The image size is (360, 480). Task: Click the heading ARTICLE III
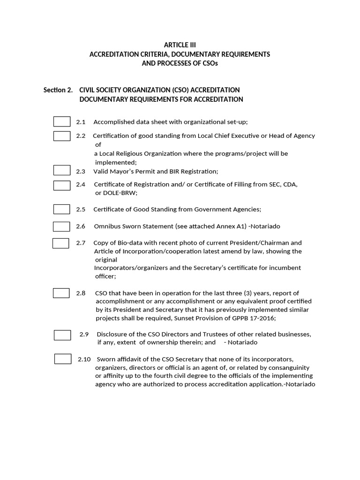tap(180, 45)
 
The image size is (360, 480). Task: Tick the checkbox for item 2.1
tap(62, 122)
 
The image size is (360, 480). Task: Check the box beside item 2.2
tap(62, 136)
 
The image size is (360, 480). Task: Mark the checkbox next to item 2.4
tap(62, 185)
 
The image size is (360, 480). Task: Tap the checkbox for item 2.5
tap(62, 209)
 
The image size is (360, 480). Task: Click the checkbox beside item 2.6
tap(61, 226)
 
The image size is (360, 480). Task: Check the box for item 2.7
tap(61, 243)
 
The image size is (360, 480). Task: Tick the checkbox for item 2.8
tap(61, 293)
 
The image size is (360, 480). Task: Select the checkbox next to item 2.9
tap(62, 335)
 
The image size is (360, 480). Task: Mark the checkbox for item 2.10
tap(63, 359)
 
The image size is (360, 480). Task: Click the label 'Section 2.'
tap(58, 90)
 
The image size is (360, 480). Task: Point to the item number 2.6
tap(81, 226)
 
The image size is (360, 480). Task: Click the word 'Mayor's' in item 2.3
tap(123, 171)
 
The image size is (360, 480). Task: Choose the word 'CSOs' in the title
tap(210, 63)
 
